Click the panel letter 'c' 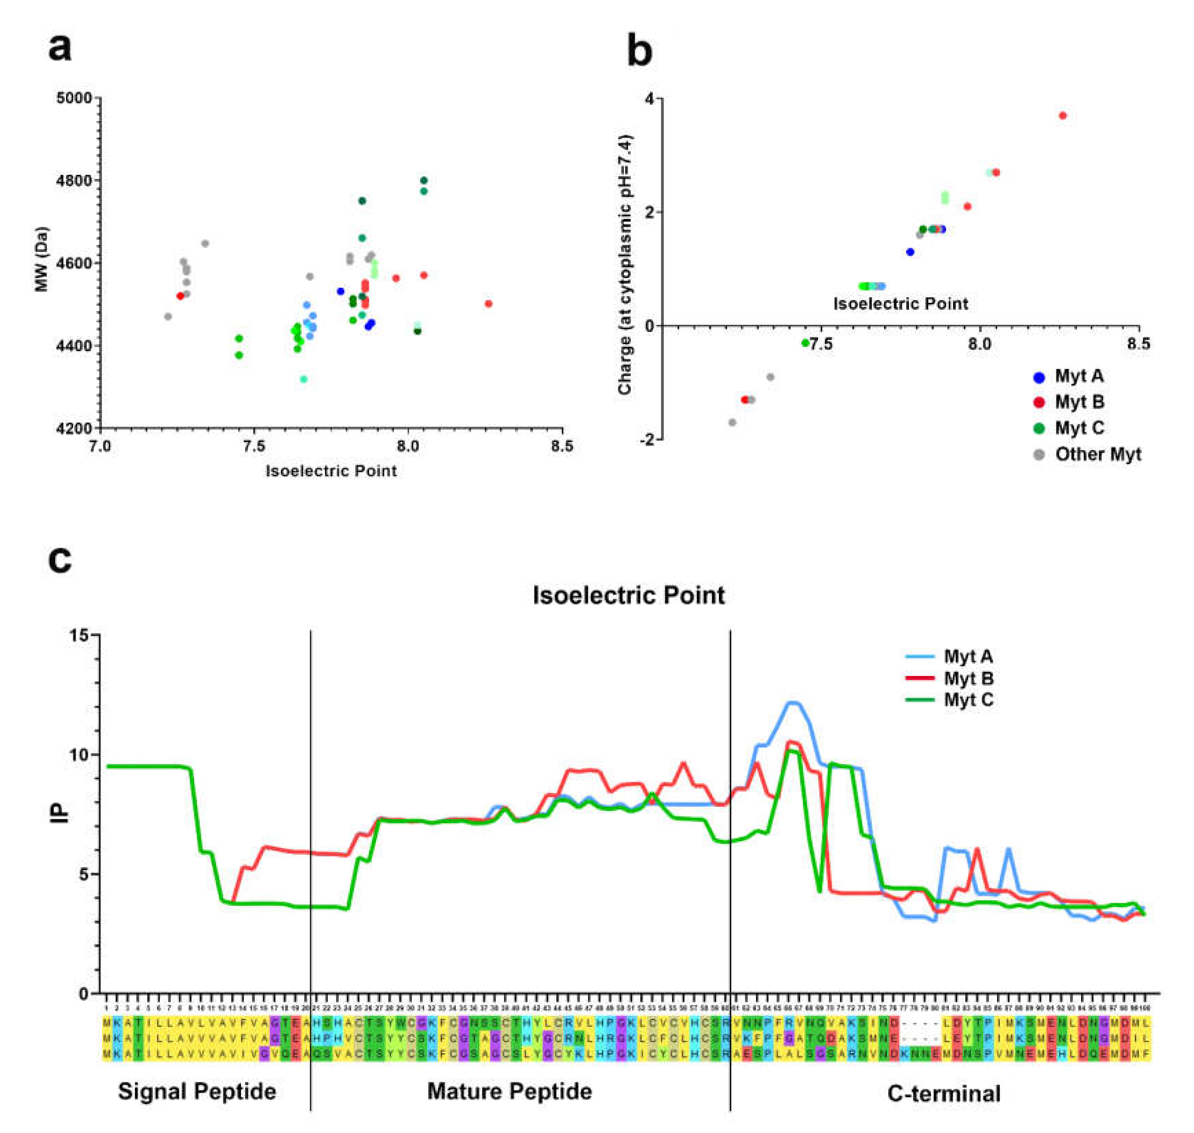pos(60,560)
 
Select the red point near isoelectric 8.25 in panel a pos(488,304)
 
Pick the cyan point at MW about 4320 pos(303,379)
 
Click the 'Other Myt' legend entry pos(1097,454)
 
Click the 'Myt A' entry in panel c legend pos(968,656)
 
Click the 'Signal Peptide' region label pos(197,1091)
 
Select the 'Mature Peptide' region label pos(510,1091)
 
